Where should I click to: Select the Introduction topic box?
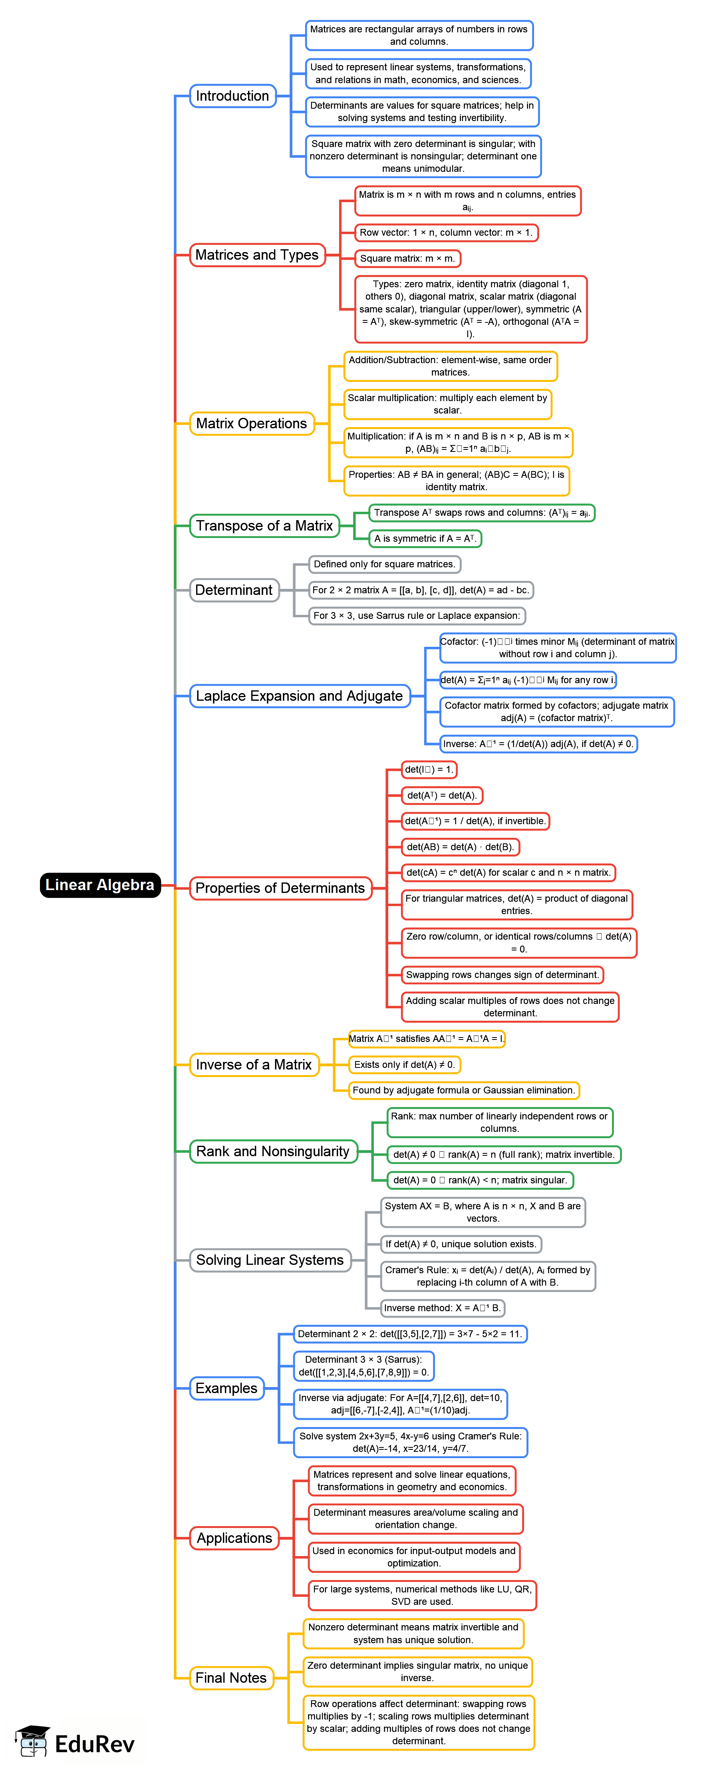point(232,95)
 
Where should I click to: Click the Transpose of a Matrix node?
point(264,525)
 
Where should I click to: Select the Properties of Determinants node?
point(280,888)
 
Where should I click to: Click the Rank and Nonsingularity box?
point(273,1151)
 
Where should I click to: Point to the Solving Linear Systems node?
point(270,1260)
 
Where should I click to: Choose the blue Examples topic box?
point(226,1387)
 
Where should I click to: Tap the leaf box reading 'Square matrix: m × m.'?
point(407,258)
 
